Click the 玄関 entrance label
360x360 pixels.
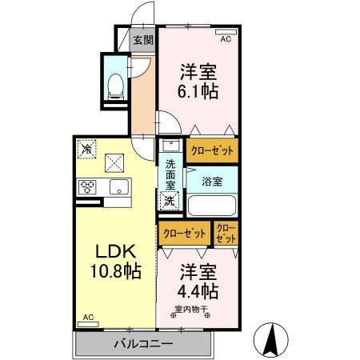pos(143,39)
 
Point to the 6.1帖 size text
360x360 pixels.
pos(197,90)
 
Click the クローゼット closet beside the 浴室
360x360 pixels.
pos(212,150)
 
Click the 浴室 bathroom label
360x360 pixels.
pos(212,180)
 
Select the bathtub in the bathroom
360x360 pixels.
pos(212,206)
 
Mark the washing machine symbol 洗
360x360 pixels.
pos(170,201)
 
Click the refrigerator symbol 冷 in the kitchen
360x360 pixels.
pos(86,149)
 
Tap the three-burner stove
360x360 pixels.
pos(87,188)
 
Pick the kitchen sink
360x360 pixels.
pos(118,188)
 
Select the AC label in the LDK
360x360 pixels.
pos(87,318)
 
